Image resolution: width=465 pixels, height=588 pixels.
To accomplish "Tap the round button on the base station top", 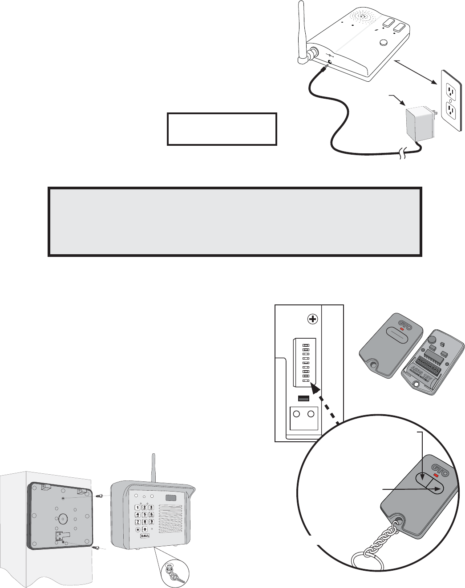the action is point(384,43).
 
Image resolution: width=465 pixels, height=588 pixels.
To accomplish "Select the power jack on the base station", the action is point(330,62).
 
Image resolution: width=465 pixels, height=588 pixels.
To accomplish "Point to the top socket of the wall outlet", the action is point(452,92).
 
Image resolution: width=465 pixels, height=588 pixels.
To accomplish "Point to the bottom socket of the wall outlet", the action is point(452,112).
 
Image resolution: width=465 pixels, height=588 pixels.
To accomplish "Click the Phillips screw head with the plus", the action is point(313,319).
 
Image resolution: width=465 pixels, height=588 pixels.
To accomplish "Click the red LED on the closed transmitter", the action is point(401,329).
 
